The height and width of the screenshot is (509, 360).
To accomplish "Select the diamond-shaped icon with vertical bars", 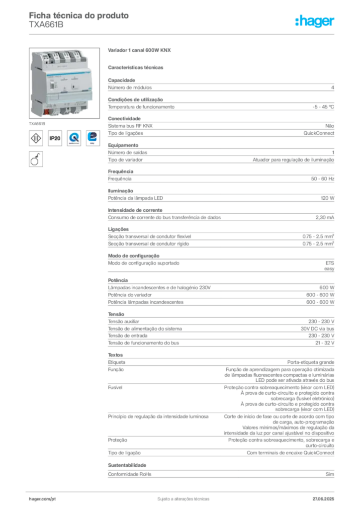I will (x=36, y=138).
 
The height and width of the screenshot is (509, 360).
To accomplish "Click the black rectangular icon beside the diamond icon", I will (x=55, y=138).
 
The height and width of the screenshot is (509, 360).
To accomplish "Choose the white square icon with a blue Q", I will (x=74, y=138).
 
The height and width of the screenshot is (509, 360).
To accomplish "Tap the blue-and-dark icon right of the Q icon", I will (x=93, y=138).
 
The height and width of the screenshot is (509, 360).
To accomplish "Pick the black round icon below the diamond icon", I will (x=35, y=160).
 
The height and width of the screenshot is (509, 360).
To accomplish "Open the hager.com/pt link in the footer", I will (x=42, y=498).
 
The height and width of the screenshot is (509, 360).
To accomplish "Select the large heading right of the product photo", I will (x=141, y=51).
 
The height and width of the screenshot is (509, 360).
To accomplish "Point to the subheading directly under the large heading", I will (x=137, y=67).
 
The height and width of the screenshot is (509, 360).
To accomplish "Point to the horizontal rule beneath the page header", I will (x=182, y=34).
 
